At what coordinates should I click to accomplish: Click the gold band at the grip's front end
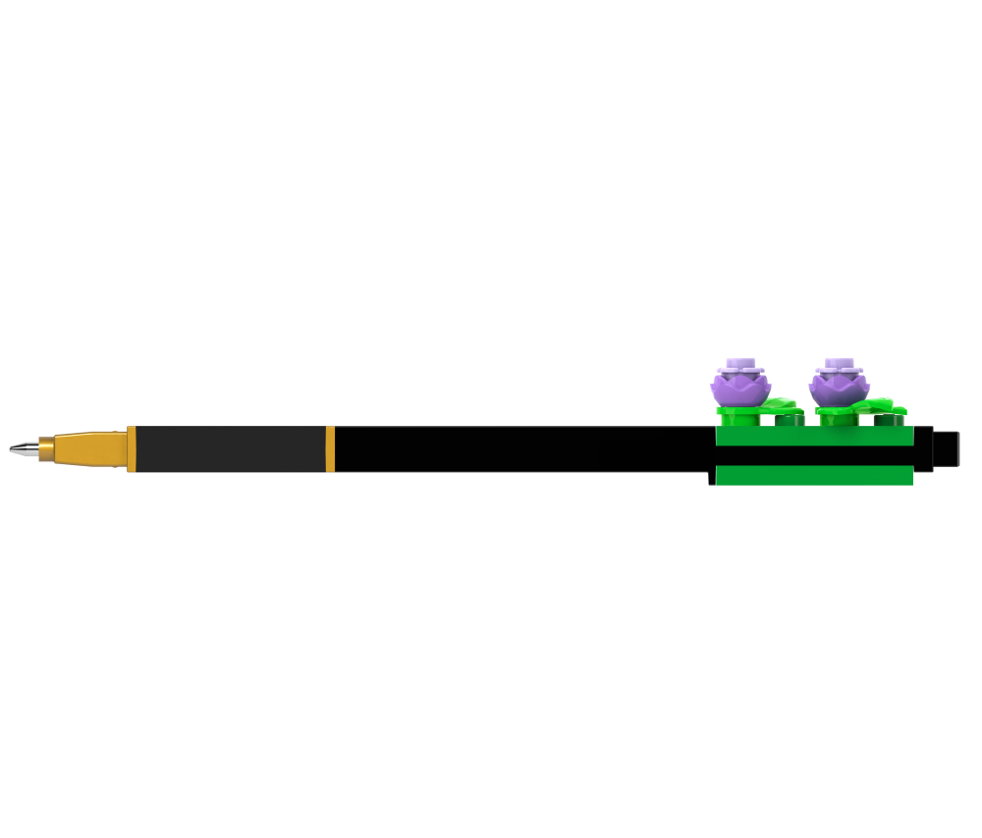[x=131, y=448]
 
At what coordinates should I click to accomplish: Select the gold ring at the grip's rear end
[x=330, y=448]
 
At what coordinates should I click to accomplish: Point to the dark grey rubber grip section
[x=231, y=448]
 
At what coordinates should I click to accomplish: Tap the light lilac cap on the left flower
[x=737, y=367]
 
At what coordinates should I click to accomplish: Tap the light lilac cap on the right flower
[x=837, y=367]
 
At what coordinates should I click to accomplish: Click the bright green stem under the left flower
[x=737, y=417]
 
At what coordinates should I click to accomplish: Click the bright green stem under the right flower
[x=837, y=417]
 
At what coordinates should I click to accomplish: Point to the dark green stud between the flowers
[x=789, y=419]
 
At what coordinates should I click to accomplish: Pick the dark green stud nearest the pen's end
[x=889, y=419]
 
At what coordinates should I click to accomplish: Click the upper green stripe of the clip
[x=814, y=436]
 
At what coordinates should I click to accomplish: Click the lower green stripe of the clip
[x=814, y=475]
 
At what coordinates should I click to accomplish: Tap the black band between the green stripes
[x=814, y=455]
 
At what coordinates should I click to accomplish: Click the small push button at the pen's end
[x=946, y=448]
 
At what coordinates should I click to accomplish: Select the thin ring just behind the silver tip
[x=41, y=448]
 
